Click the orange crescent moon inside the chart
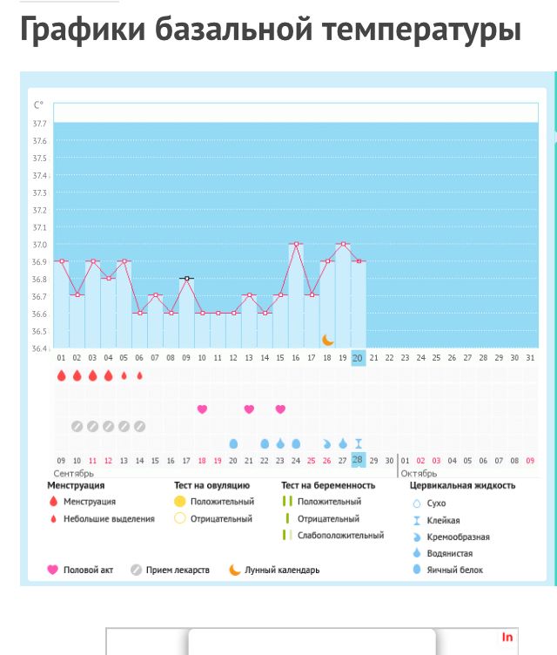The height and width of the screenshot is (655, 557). (328, 339)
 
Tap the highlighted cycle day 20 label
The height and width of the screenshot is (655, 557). (358, 358)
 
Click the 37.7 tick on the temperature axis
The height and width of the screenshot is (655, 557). (40, 124)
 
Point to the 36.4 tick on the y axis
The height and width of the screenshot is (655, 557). (40, 348)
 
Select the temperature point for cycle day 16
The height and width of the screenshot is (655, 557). (296, 244)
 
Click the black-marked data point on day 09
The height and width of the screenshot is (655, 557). (186, 278)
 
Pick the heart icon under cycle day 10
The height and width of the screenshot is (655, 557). (202, 409)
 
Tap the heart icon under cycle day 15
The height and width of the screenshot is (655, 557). (280, 409)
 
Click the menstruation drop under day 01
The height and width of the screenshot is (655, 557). (61, 376)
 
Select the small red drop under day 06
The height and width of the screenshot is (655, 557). (139, 376)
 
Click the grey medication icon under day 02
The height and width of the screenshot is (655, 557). (77, 426)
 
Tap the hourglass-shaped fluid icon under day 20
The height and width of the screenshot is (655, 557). (358, 443)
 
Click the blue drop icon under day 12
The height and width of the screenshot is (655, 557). (233, 443)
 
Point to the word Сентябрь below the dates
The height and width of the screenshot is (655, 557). (73, 473)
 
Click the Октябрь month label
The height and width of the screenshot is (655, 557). (419, 473)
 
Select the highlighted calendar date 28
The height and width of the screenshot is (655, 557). (358, 460)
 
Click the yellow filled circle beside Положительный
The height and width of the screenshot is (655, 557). (180, 502)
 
